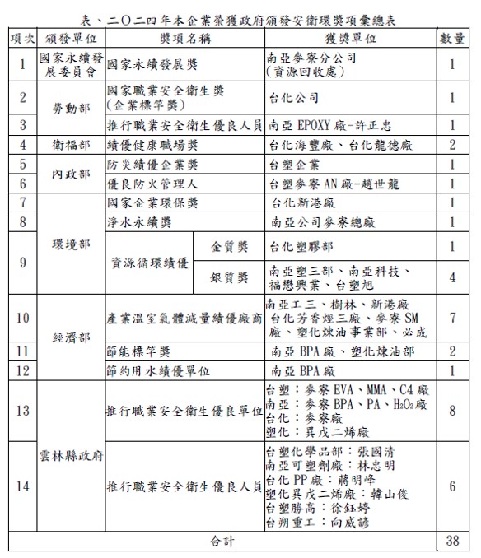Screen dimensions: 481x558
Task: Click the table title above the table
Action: (240, 20)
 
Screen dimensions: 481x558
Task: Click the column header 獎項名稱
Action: (184, 39)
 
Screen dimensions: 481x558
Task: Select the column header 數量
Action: (452, 39)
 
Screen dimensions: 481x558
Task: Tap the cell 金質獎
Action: (230, 246)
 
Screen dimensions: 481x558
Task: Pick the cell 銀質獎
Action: (230, 278)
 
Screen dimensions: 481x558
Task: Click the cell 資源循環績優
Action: (151, 263)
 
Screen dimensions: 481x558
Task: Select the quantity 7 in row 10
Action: (452, 317)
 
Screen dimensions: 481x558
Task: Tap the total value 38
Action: (452, 542)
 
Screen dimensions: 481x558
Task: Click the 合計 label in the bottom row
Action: (222, 542)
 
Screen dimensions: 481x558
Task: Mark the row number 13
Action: (21, 410)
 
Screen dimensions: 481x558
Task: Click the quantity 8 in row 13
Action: (452, 410)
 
